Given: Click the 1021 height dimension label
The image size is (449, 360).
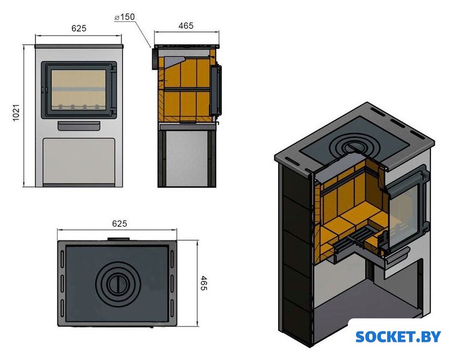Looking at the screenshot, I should (16, 114).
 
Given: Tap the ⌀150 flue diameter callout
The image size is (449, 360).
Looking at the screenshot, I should (124, 17).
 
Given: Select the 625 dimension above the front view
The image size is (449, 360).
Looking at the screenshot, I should (78, 28).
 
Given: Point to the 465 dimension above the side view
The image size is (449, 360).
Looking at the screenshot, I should (185, 26).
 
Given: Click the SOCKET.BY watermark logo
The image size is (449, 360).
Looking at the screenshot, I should (398, 336).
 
